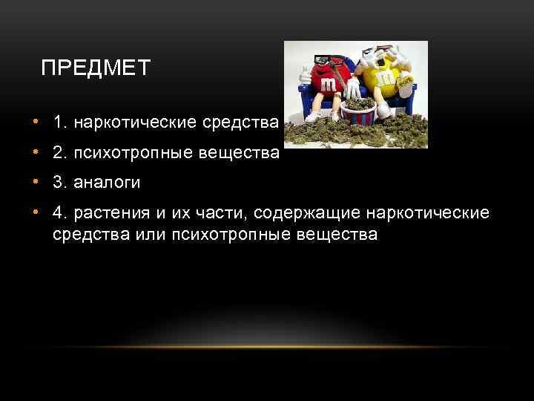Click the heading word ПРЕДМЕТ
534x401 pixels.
96,69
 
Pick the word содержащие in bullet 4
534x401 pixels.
311,214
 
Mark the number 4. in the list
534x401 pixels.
59,214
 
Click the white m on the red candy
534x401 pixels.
329,86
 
